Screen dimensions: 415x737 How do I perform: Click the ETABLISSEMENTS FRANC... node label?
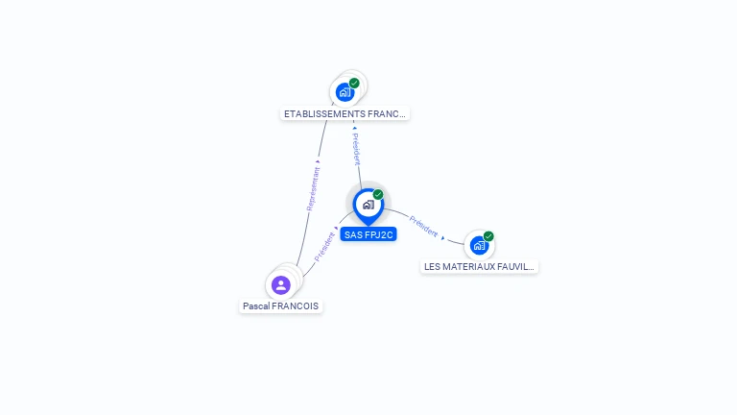pyautogui.click(x=345, y=113)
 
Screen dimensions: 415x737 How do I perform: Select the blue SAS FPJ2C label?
pyautogui.click(x=368, y=234)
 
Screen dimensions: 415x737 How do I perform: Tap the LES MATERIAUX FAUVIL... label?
pyautogui.click(x=479, y=266)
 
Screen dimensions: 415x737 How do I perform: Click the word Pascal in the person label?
pyautogui.click(x=255, y=306)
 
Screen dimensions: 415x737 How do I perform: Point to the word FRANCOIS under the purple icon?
pyautogui.click(x=295, y=306)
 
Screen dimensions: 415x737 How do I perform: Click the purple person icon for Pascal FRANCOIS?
pyautogui.click(x=280, y=284)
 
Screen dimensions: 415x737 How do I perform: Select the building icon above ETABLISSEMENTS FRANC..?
pyautogui.click(x=345, y=93)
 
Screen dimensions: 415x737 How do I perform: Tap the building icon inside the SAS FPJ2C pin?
pyautogui.click(x=368, y=204)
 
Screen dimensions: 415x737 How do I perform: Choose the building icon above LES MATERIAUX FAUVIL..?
pyautogui.click(x=479, y=246)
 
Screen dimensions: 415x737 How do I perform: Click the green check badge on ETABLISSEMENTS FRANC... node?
pyautogui.click(x=354, y=84)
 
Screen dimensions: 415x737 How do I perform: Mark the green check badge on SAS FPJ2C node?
pyautogui.click(x=378, y=194)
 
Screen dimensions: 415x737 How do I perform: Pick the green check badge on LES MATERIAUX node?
pyautogui.click(x=488, y=236)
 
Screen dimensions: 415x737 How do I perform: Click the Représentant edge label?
pyautogui.click(x=312, y=188)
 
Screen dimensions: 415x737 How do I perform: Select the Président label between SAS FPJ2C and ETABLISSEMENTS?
pyautogui.click(x=356, y=149)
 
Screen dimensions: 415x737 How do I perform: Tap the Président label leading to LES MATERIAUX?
pyautogui.click(x=423, y=227)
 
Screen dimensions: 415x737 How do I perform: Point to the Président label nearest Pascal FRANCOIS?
pyautogui.click(x=324, y=247)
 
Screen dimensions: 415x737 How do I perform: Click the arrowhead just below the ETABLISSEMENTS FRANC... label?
pyautogui.click(x=354, y=127)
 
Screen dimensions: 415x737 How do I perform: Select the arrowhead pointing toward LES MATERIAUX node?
pyautogui.click(x=443, y=237)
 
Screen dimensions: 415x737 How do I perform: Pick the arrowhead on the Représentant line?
pyautogui.click(x=318, y=161)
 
